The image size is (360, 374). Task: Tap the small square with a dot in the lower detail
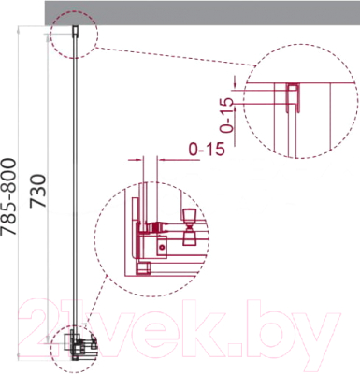[x=163, y=246]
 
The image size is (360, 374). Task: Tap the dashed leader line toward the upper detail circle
[x=178, y=50]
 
